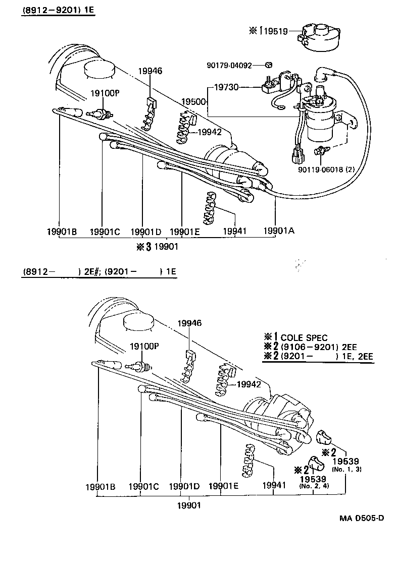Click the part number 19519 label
(x=277, y=31)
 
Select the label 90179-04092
(x=229, y=65)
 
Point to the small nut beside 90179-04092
(x=269, y=65)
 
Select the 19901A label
(x=278, y=231)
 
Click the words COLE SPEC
(x=304, y=338)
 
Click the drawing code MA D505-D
(x=361, y=519)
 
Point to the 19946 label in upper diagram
(x=150, y=71)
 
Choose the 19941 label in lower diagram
(x=273, y=485)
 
